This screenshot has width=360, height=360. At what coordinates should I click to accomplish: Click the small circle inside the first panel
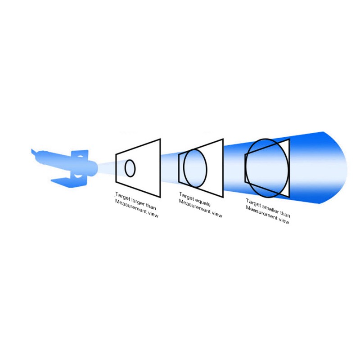pos(125,168)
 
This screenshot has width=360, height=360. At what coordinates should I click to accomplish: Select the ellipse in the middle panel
pos(184,168)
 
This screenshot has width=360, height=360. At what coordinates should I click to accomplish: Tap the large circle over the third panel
pos(245,168)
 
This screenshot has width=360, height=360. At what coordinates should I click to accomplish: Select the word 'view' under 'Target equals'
pos(217,214)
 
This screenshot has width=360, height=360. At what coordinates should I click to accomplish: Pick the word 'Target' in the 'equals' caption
pos(186,197)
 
